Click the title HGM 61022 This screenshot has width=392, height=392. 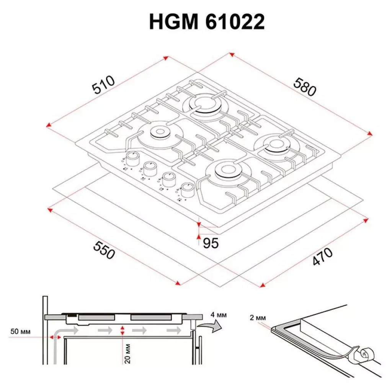click(207, 23)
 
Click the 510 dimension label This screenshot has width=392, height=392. click(103, 85)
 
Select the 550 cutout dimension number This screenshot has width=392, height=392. click(103, 250)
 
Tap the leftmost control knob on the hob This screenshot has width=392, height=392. click(132, 157)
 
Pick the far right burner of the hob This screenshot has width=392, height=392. click(275, 144)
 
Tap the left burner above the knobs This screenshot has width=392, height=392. click(158, 133)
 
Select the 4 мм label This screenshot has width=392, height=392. click(219, 315)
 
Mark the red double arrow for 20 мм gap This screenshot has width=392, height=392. click(122, 332)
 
